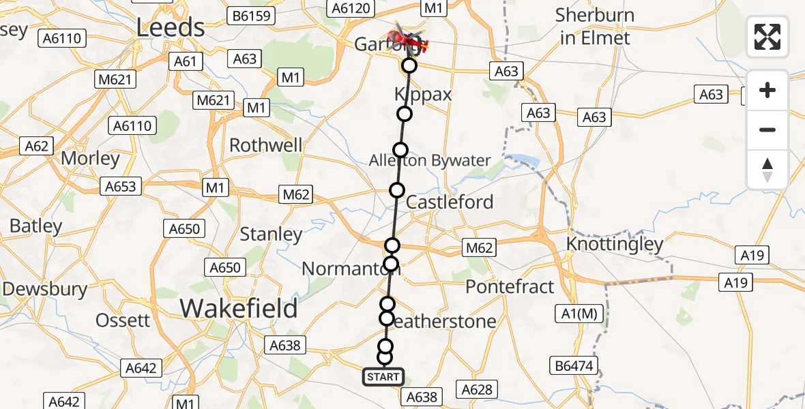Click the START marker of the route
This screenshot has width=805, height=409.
(383, 376)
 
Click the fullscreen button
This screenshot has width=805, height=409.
(767, 37)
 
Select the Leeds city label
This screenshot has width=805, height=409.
(171, 28)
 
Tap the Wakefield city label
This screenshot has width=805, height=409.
(239, 309)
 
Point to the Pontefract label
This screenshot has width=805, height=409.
(510, 286)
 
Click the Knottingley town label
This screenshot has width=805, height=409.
(615, 244)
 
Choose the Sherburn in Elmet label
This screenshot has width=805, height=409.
(595, 26)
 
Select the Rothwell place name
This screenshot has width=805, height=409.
(265, 145)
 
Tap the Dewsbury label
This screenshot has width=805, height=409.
(44, 288)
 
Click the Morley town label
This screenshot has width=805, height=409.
(90, 159)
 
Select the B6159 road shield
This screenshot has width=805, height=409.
(252, 15)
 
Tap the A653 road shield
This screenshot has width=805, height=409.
(121, 186)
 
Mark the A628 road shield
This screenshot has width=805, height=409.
(477, 389)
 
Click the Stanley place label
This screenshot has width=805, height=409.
(271, 234)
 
